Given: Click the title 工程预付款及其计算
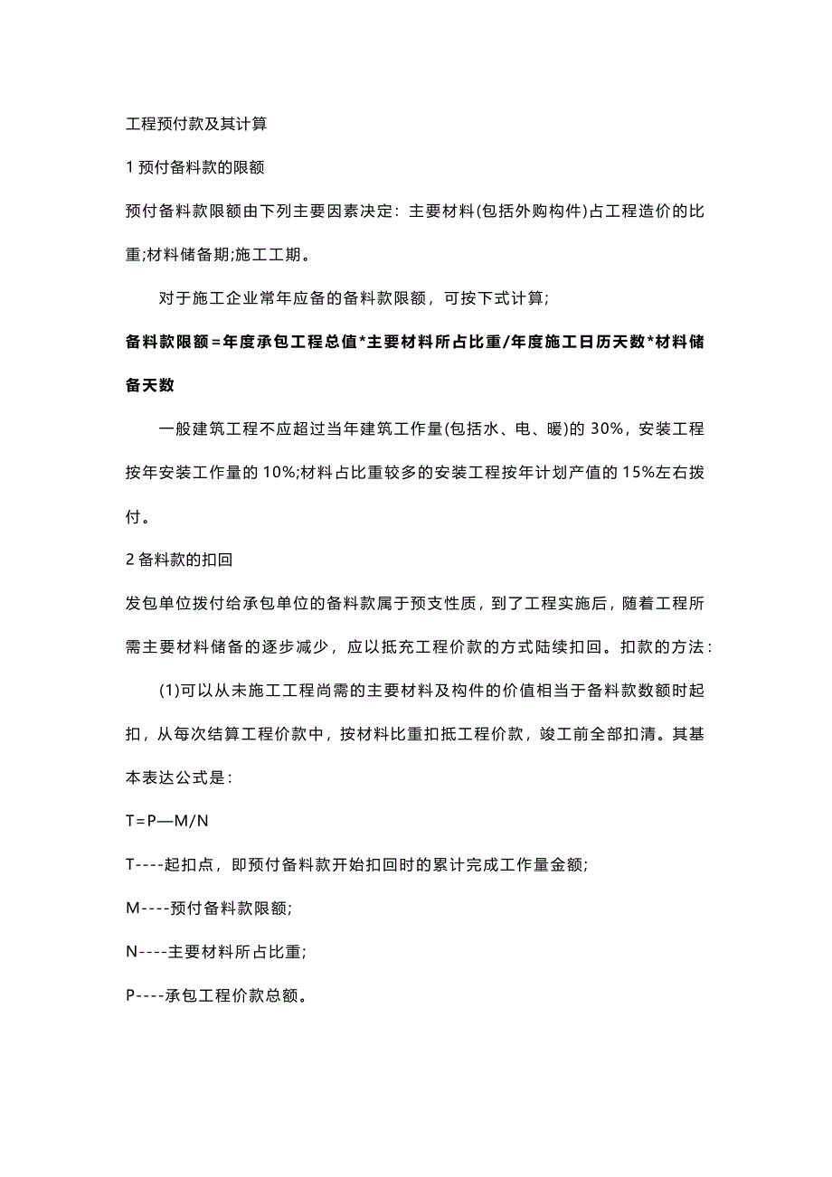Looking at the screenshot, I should tap(196, 124).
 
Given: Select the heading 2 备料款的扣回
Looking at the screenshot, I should tap(180, 560).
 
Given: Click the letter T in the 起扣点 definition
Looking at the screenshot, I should tap(130, 864).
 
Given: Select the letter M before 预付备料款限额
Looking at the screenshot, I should tap(132, 908).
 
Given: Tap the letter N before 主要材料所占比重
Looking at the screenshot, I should tap(131, 951).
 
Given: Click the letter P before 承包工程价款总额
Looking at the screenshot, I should tap(130, 995).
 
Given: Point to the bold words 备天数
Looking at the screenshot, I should tap(151, 385).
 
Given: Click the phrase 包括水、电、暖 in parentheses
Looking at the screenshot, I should tap(504, 429).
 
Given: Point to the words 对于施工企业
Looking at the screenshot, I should tap(208, 298).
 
